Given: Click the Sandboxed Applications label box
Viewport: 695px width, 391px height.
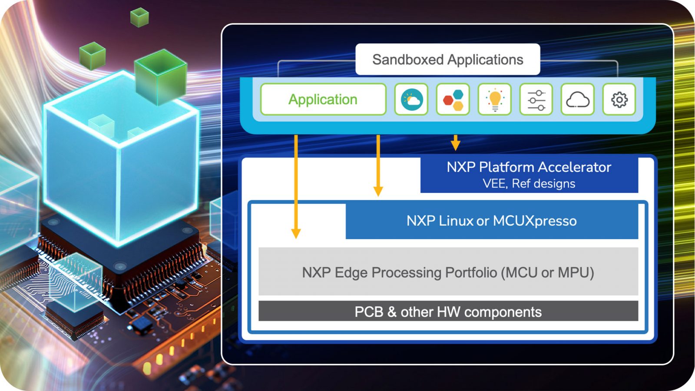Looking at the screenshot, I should [447, 60].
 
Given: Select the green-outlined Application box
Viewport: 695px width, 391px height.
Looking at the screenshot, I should [323, 99].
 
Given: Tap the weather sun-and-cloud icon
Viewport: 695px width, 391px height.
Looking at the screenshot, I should [411, 99].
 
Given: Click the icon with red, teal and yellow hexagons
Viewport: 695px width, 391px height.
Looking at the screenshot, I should [453, 99].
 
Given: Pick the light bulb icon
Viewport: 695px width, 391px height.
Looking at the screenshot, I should [495, 99].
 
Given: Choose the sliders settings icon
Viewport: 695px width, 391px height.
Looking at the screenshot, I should [536, 99].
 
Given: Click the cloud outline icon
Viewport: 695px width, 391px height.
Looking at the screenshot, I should [577, 99].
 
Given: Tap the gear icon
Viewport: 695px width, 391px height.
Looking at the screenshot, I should [619, 99].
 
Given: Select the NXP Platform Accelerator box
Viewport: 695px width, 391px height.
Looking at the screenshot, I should [529, 174].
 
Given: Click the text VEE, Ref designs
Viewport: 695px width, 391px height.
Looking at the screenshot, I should [529, 184].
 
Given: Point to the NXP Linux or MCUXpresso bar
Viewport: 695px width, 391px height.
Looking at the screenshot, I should [491, 221].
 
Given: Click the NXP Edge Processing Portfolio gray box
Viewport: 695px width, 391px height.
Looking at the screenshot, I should [448, 272].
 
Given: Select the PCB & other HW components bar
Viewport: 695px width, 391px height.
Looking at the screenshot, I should [448, 311].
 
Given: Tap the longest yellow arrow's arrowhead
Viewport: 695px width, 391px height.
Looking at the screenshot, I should [296, 233].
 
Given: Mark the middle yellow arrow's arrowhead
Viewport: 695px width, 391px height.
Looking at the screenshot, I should [378, 191].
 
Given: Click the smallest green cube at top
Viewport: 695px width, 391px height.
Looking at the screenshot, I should [139, 17].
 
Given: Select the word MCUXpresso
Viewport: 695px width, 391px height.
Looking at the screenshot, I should [535, 221].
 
